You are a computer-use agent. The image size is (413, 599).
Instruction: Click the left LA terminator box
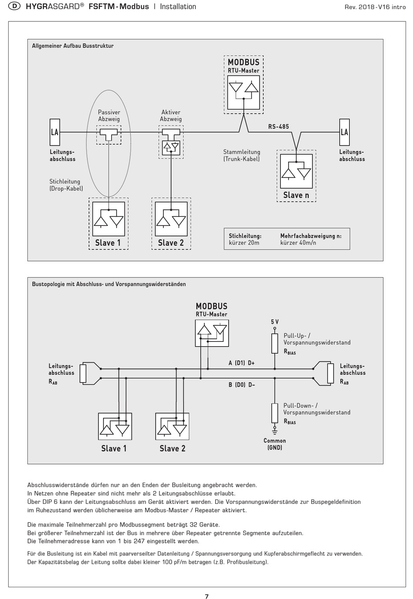click(x=55, y=132)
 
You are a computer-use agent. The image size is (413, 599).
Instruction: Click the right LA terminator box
click(x=344, y=132)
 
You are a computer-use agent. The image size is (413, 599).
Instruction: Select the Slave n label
click(x=296, y=195)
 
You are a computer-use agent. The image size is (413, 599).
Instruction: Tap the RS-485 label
click(x=279, y=126)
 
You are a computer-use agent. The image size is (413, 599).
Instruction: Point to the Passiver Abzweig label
click(x=109, y=116)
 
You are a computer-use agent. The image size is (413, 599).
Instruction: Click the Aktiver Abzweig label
click(x=171, y=116)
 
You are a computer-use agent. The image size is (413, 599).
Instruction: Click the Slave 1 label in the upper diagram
click(x=108, y=243)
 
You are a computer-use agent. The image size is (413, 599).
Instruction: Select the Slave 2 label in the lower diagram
click(x=173, y=448)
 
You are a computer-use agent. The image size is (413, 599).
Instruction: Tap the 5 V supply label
click(x=275, y=322)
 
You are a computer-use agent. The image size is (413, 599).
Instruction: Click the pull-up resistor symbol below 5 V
click(x=275, y=343)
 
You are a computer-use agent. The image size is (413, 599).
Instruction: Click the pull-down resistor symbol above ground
click(x=275, y=413)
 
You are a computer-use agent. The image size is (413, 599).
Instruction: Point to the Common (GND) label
click(x=275, y=444)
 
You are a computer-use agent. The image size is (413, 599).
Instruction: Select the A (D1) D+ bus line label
click(x=241, y=363)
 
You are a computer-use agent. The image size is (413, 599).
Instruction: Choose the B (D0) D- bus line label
click(x=242, y=385)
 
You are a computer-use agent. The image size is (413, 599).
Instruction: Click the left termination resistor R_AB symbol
click(x=83, y=374)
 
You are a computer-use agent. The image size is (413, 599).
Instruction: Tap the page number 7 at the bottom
click(x=206, y=596)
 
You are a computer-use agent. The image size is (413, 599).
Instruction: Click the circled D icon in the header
click(x=14, y=6)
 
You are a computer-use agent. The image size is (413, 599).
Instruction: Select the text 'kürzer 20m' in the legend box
click(x=244, y=243)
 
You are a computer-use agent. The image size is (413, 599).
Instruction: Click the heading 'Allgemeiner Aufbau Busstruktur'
click(x=73, y=46)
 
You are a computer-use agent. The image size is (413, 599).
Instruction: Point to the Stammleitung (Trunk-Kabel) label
click(x=242, y=156)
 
